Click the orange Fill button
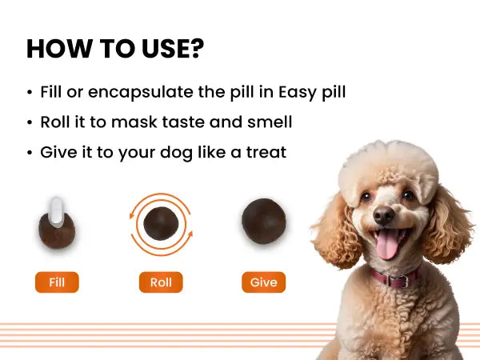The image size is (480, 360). point(57,282)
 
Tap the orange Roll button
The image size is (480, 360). point(161,282)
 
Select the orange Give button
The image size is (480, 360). point(263,282)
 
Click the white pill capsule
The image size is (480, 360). point(56,212)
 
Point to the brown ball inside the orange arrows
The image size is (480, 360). point(161,223)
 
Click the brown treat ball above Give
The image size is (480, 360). point(264,221)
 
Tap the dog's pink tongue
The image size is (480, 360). point(387,244)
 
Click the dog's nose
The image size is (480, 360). point(383,214)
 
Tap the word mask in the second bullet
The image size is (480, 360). point(134,122)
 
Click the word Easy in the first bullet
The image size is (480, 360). point(297,93)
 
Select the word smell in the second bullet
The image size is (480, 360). point(270,122)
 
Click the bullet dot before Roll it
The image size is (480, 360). point(30,122)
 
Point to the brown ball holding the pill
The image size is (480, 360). point(57,232)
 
